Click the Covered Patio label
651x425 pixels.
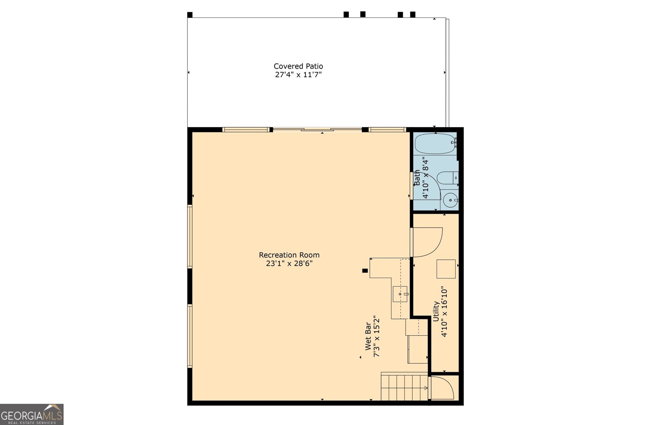coord(298,66)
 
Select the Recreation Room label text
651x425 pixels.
coord(289,255)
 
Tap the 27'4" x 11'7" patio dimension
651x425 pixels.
coord(299,75)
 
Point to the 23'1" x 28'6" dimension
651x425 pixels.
coord(289,263)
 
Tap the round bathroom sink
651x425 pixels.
coord(450,200)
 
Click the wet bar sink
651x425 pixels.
coord(400,294)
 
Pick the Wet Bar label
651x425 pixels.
coord(368,336)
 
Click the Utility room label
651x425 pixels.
coord(436,311)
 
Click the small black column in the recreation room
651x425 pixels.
coord(365,271)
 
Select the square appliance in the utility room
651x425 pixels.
coord(446,269)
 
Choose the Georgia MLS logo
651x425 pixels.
coord(32,414)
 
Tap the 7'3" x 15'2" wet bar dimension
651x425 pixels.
coord(376,336)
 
